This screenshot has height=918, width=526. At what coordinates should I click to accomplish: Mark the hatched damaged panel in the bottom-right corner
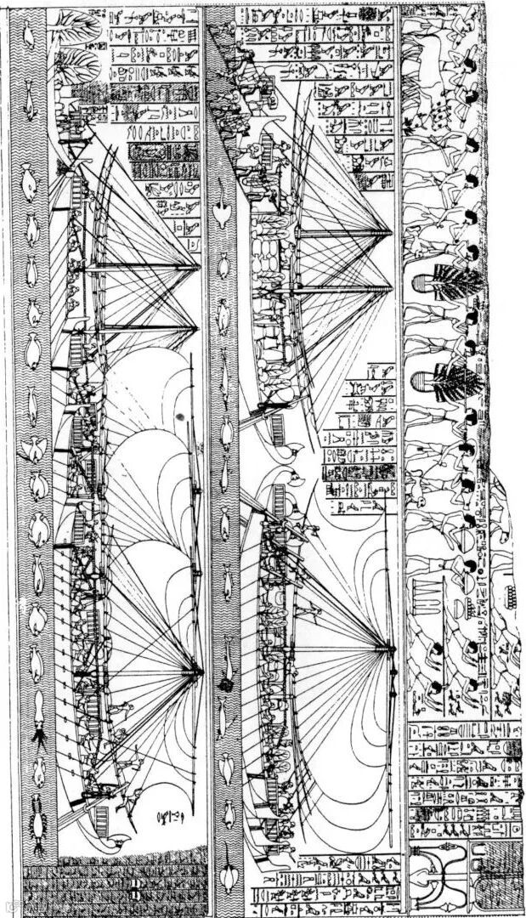coord(501,884)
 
